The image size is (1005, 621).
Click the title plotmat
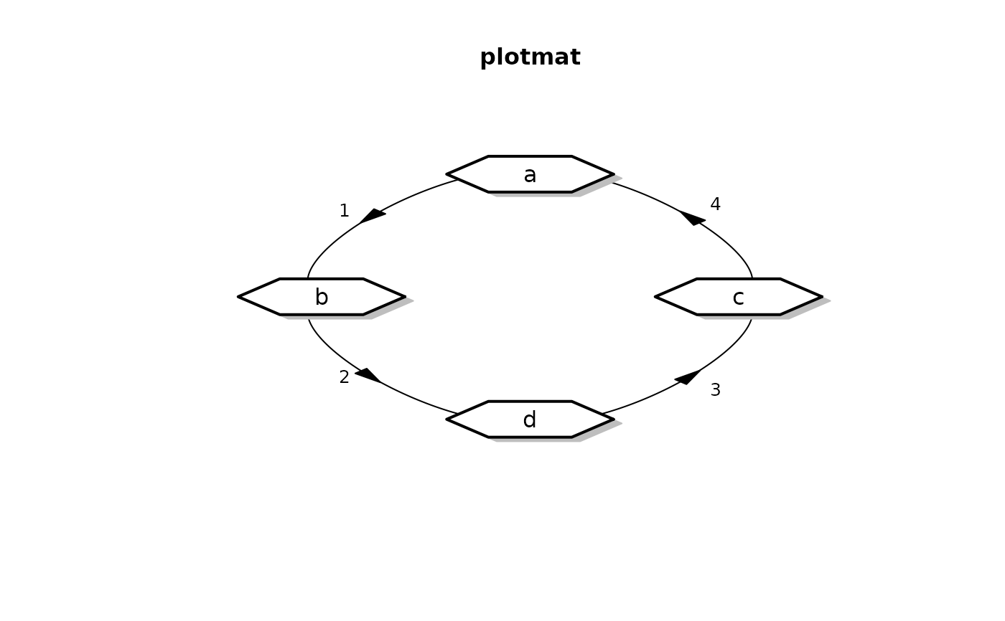tap(530, 57)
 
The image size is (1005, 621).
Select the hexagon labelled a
tap(530, 174)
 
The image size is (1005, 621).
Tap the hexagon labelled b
tap(322, 297)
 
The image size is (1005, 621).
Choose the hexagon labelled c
tap(739, 297)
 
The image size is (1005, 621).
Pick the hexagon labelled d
tap(530, 419)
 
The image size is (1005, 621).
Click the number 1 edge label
tap(345, 212)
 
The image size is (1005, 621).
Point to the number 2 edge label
tap(345, 377)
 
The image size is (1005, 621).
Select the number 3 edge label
tap(715, 390)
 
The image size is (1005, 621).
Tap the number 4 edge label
tap(715, 205)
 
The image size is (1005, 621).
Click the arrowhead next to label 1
tap(373, 215)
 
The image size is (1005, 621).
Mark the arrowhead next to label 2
tap(368, 375)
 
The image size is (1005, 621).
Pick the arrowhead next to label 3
tap(688, 376)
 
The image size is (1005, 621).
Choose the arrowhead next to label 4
tap(692, 217)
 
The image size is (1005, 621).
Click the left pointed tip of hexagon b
tap(239, 297)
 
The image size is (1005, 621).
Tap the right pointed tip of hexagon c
tap(821, 297)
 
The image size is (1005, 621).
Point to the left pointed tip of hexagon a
tap(448, 174)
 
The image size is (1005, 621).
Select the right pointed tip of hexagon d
tap(613, 419)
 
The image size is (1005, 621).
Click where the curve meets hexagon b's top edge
tap(308, 279)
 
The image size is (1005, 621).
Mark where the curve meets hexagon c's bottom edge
tap(752, 315)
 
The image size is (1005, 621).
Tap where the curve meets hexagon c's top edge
tap(752, 279)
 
